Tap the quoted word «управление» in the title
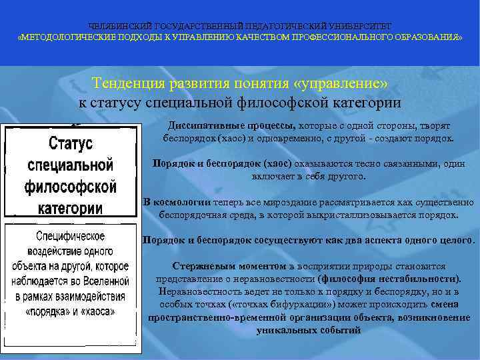(x=341, y=84)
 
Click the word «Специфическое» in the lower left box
(x=71, y=237)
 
